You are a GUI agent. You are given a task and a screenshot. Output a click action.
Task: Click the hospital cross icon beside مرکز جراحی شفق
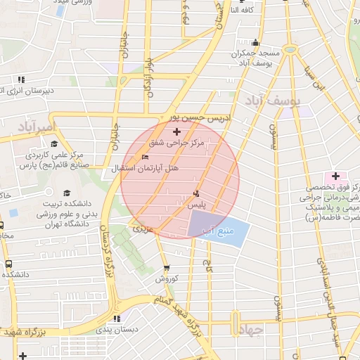pyautogui.click(x=176, y=131)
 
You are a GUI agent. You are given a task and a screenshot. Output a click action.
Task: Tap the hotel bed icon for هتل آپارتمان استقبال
pyautogui.click(x=146, y=157)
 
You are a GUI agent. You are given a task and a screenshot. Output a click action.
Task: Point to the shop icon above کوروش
pyautogui.click(x=167, y=268)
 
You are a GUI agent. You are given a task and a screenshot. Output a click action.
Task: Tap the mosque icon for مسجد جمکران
pyautogui.click(x=255, y=40)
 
